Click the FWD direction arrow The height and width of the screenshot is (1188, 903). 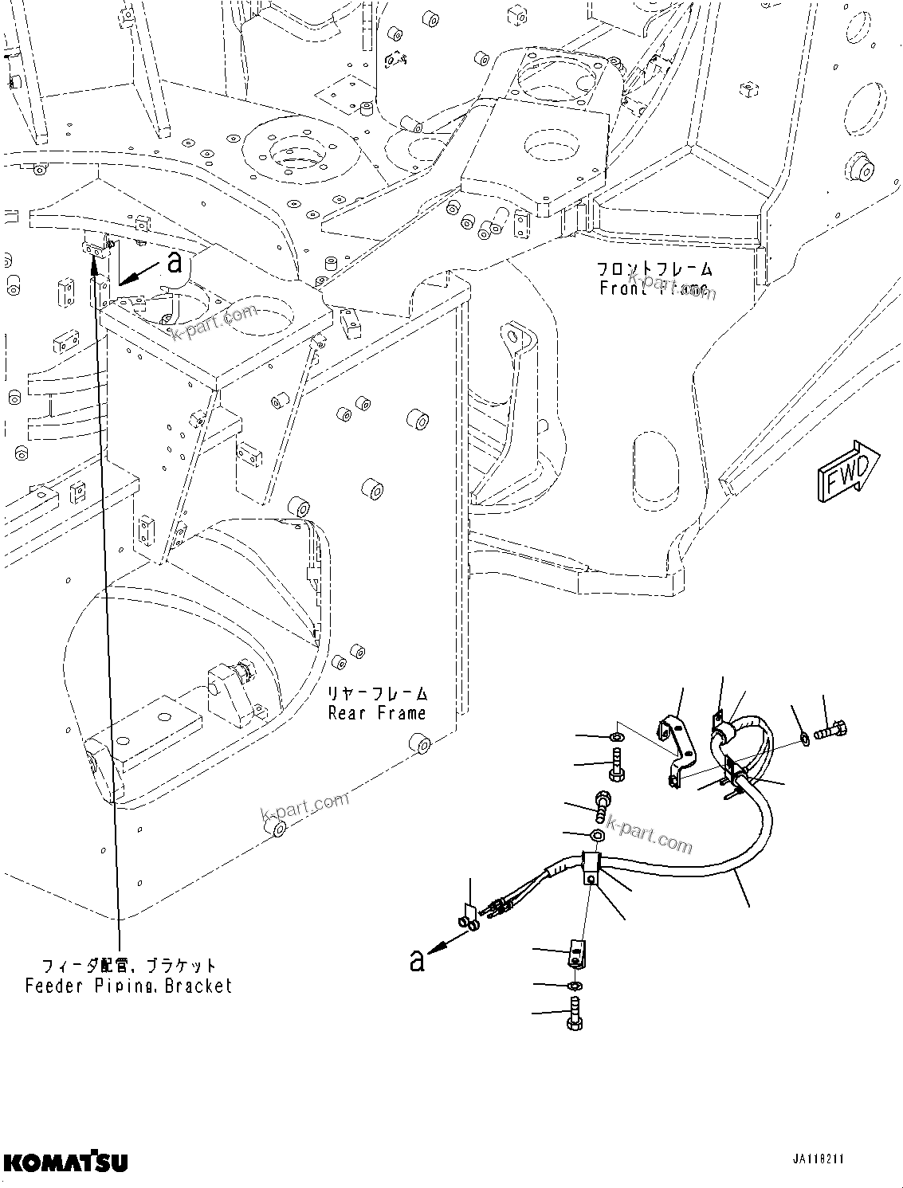point(847,472)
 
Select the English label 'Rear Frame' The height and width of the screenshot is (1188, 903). point(377,713)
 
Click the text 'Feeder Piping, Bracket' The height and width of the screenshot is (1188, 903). point(128,986)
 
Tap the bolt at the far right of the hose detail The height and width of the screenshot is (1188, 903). point(830,728)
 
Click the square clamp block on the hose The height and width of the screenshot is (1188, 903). point(591,866)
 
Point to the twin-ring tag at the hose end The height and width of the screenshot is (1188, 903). point(468,918)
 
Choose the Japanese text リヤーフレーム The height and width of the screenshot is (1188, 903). point(377,693)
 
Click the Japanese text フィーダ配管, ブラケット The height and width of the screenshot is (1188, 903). point(128,966)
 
